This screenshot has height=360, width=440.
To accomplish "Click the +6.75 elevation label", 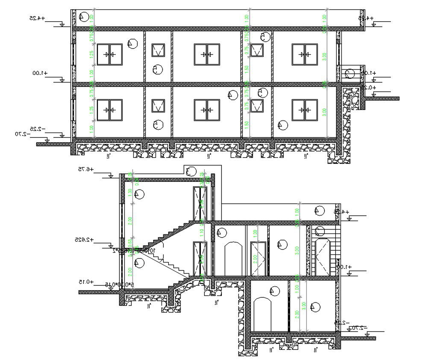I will pos(86,170).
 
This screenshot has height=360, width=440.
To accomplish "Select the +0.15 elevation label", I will pos(86,282).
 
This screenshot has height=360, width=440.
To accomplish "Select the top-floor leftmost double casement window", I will pos(110,55).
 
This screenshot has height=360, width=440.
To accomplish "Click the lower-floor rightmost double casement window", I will pos(305,110).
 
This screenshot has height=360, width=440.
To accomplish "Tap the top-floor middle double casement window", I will pos(207,55).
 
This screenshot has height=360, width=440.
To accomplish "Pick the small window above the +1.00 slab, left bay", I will pos(158,50).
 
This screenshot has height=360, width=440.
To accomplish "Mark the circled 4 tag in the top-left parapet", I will pos(84,18).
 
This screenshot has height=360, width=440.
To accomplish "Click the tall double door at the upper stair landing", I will pos(200,204).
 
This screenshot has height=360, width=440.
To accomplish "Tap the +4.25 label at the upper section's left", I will pos(38,18).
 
